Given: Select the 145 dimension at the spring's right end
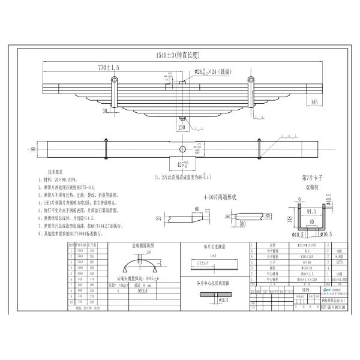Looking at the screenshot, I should [314, 103].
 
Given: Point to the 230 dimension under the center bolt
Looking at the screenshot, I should [181, 126].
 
